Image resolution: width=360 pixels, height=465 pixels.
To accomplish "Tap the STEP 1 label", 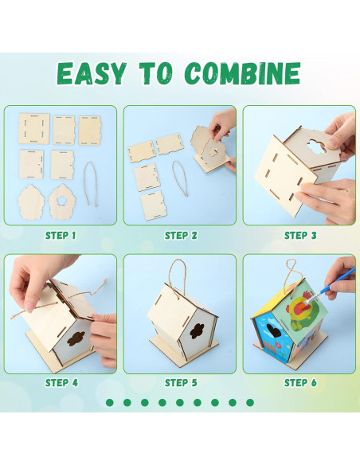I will (x=61, y=235).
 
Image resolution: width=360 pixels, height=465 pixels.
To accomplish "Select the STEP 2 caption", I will (x=180, y=235).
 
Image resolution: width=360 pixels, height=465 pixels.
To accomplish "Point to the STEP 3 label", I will (x=300, y=235).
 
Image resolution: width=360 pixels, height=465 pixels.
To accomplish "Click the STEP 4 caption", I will (x=61, y=382).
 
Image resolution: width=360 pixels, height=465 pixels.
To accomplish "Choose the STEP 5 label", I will (x=180, y=382).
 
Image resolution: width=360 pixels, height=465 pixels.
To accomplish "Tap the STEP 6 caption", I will (x=300, y=382).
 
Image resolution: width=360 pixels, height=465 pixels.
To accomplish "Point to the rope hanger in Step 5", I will (x=179, y=275).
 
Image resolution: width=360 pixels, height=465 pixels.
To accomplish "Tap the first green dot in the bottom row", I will (x=109, y=402).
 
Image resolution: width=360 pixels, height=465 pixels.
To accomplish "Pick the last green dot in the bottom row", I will (x=250, y=402).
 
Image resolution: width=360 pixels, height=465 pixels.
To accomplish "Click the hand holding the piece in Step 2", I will (x=223, y=127).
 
